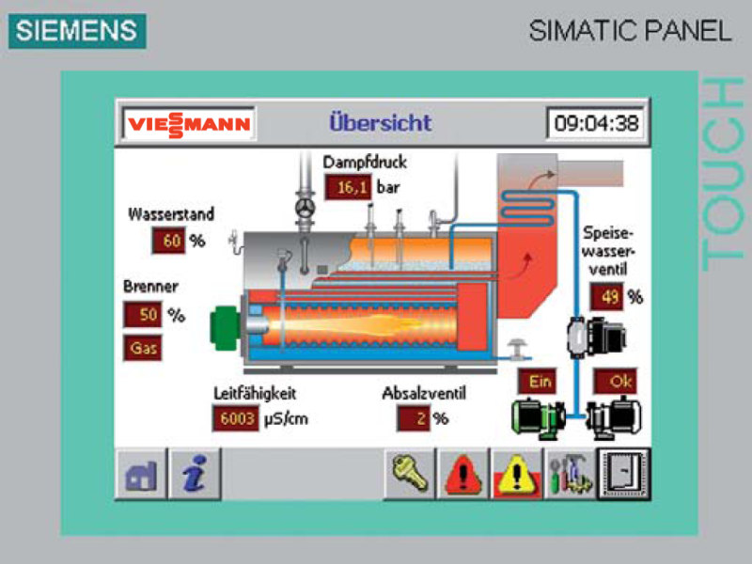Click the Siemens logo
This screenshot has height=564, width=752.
coord(77,30)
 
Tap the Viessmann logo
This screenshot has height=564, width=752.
coord(189,124)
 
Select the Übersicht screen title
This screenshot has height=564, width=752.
coord(380,122)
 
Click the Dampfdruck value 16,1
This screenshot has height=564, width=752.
coord(350,187)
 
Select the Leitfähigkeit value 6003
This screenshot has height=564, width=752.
coord(235,418)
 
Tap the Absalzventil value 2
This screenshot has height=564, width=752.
coord(413,418)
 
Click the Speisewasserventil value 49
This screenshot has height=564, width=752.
coord(606,297)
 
